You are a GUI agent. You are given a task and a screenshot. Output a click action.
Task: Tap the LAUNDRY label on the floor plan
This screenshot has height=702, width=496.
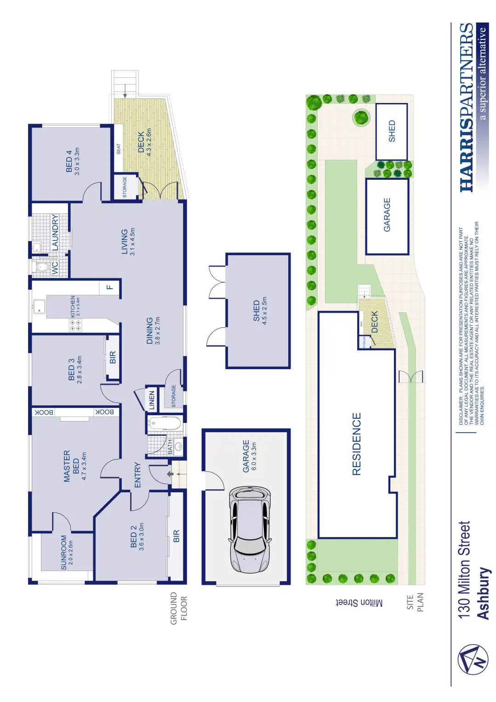coord(55,232)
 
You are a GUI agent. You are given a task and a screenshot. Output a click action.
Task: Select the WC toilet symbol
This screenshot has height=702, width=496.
coord(42,267)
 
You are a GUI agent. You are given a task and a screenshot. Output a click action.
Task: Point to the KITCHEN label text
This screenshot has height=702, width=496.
coord(73,307)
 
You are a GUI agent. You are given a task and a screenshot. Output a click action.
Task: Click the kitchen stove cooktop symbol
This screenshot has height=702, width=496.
coord(75,325)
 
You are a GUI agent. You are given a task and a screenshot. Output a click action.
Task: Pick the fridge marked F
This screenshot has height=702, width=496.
coord(109,287)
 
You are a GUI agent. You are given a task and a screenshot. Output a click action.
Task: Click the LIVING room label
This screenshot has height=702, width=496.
coord(124,242)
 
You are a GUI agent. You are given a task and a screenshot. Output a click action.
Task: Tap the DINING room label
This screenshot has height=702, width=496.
coord(149,331)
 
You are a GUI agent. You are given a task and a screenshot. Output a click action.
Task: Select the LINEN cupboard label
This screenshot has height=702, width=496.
coord(152,399)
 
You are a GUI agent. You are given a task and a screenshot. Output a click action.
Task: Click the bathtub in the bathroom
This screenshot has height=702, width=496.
coord(165,423)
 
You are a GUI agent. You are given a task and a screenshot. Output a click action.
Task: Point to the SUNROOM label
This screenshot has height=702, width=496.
coord(64,552)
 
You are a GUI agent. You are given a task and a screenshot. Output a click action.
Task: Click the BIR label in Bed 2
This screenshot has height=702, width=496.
coord(176,536)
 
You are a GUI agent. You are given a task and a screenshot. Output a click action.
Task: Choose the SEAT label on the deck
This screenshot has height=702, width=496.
coord(118,149)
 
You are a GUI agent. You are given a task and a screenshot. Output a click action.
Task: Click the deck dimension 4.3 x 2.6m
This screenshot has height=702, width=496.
coord(149,143)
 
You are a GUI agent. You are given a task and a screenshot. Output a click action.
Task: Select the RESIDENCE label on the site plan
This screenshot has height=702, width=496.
coord(357,444)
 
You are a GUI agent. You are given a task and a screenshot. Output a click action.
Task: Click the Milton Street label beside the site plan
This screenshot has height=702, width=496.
coord(359,603)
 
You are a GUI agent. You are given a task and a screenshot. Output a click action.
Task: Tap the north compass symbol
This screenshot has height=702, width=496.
coord(473,660)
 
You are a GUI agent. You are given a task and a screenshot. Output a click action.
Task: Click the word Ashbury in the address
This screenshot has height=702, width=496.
coord(483,593)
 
